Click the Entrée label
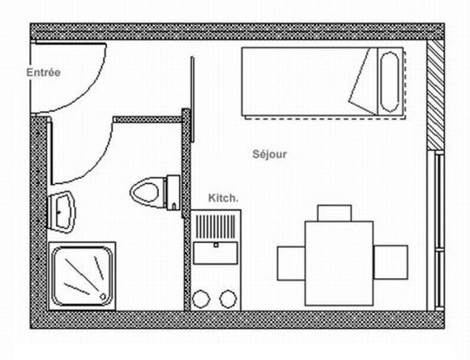pyautogui.click(x=44, y=73)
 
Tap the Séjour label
pyautogui.click(x=270, y=154)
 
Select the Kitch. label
pyautogui.click(x=224, y=198)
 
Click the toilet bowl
pyautogui.click(x=144, y=192)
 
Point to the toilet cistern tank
pyautogui.click(x=173, y=192)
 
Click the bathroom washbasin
pyautogui.click(x=62, y=212)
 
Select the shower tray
pyautogui.click(x=82, y=276)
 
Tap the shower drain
pyautogui.click(x=103, y=297)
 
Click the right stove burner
pyautogui.click(x=228, y=299)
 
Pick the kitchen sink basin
pyautogui.click(x=216, y=253)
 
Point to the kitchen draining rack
pyautogui.click(x=216, y=226)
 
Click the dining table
pyautogui.click(x=339, y=264)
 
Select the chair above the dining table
pyautogui.click(x=335, y=213)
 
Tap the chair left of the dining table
pyautogui.click(x=291, y=263)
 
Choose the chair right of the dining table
pyautogui.click(x=391, y=262)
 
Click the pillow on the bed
pyautogui.click(x=389, y=82)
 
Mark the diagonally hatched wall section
pyautogui.click(x=435, y=95)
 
